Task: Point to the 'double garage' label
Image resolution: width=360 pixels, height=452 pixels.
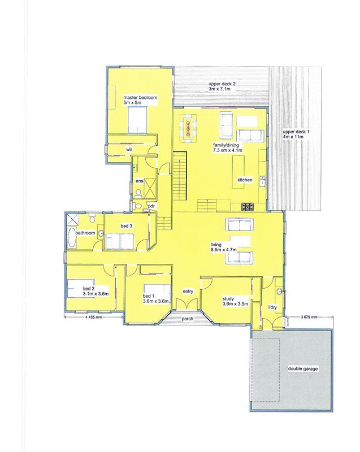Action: coord(303,368)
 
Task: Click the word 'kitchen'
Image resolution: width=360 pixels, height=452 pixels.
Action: coord(245,180)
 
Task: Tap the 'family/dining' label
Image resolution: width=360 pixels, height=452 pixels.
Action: coord(227,145)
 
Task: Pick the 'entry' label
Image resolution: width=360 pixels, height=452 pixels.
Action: coord(188,291)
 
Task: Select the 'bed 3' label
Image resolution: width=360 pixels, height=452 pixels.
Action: coord(126,226)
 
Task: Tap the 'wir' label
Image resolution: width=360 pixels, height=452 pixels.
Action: coord(129,149)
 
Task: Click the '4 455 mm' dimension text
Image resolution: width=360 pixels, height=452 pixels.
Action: coord(93,318)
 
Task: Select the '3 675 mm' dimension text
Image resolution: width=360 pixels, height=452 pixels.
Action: coord(309,318)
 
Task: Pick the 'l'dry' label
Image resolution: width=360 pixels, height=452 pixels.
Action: coord(272,308)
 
